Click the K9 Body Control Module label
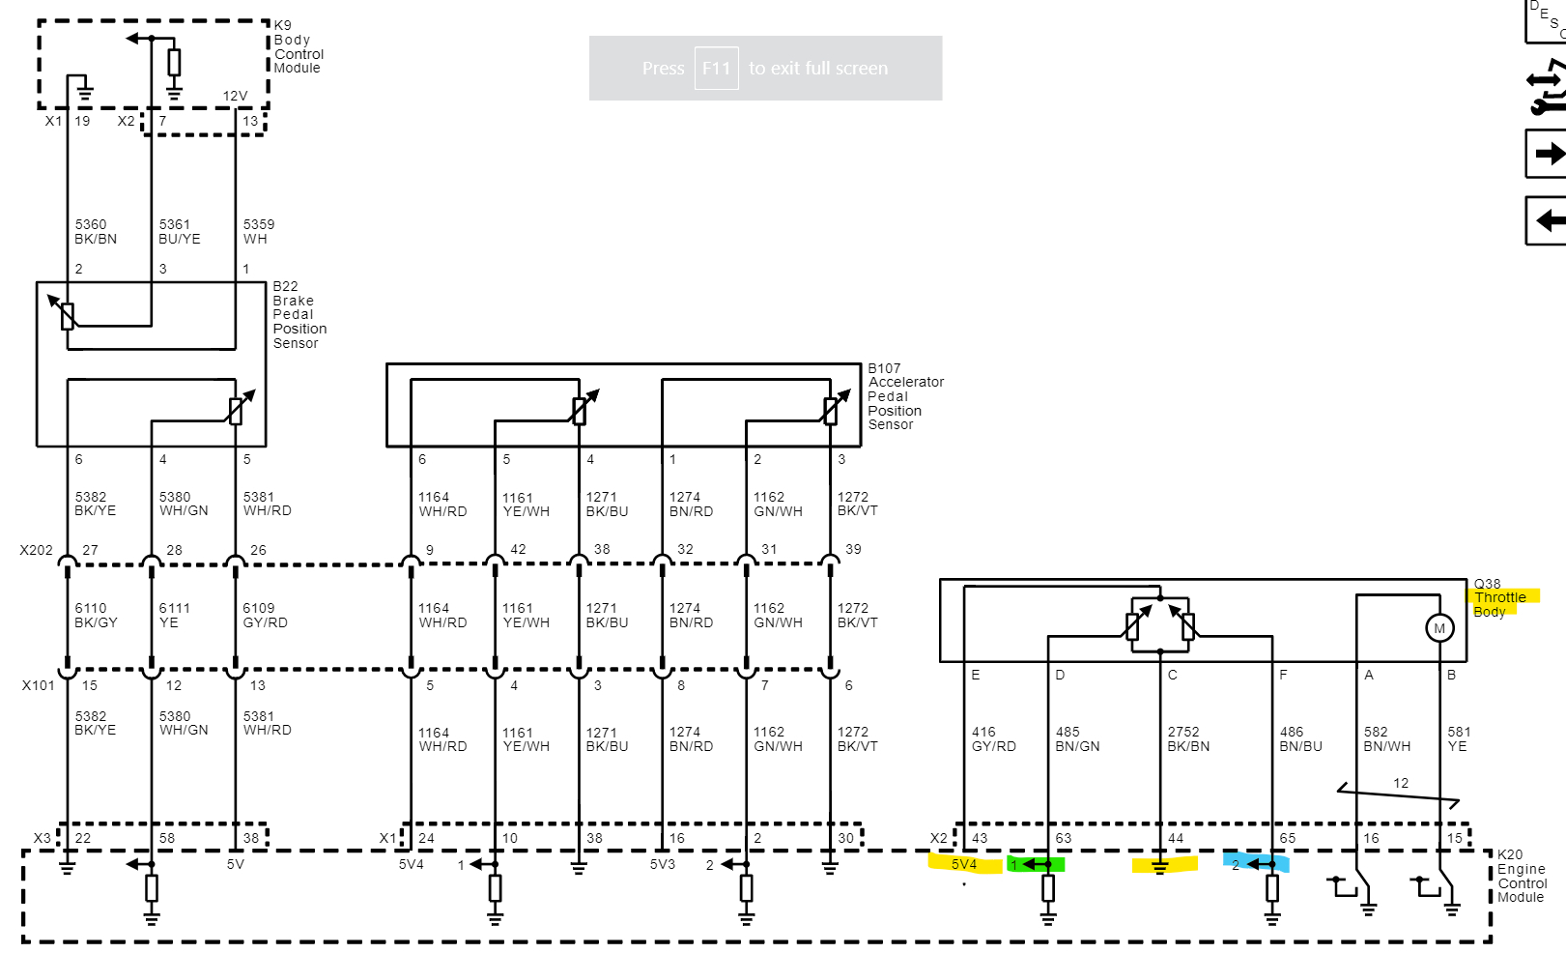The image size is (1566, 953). click(x=298, y=46)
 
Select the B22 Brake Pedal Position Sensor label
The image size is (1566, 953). click(x=299, y=315)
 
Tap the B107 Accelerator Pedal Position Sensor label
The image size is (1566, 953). click(x=905, y=396)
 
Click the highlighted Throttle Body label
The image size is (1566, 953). click(x=1499, y=598)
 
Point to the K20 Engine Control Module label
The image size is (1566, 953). click(x=1522, y=876)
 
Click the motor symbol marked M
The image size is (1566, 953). click(x=1439, y=628)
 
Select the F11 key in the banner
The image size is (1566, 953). click(x=716, y=69)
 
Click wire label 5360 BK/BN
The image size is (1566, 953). click(x=96, y=232)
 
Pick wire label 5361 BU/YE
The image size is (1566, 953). click(x=180, y=232)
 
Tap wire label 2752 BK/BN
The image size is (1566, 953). click(x=1188, y=739)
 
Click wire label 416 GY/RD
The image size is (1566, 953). click(x=993, y=739)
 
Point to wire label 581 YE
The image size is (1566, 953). click(x=1459, y=739)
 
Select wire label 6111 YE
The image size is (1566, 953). click(x=174, y=616)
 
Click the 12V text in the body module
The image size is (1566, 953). click(x=235, y=96)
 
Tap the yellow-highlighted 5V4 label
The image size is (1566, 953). click(x=964, y=864)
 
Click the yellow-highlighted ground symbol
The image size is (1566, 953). click(x=1160, y=866)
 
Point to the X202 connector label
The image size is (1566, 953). click(x=37, y=550)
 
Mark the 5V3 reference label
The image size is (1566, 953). click(x=662, y=864)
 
